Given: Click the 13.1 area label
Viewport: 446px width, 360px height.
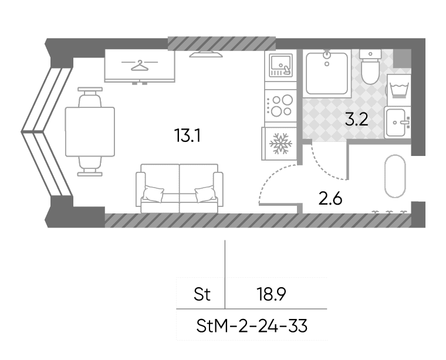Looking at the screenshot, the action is [187, 135].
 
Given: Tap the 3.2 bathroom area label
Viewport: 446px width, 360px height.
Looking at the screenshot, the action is [357, 120].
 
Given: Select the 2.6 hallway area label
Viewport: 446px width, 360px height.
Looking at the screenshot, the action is [330, 198].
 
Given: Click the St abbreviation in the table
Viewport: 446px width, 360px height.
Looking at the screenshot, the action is [202, 294].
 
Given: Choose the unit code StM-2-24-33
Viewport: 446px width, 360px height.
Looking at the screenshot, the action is [252, 326].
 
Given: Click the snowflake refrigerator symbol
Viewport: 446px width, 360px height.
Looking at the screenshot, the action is [281, 144].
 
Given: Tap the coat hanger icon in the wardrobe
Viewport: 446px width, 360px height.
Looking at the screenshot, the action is [140, 66].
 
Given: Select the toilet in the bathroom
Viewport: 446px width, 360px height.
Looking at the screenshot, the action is [370, 66].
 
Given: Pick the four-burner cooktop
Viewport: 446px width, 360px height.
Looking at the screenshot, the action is [281, 106].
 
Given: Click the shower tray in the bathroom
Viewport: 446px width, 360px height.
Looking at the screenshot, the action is [327, 73].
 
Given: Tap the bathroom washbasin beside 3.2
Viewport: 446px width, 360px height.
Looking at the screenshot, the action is [398, 123].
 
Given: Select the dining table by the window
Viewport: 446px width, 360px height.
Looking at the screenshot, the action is [90, 131].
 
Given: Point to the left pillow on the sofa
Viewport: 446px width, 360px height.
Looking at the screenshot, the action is [153, 194].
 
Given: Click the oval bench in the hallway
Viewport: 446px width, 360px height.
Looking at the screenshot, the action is [395, 176].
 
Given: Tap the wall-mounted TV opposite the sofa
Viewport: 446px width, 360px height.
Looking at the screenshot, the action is [206, 55].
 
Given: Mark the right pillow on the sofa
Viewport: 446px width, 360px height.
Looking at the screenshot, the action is [205, 194].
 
